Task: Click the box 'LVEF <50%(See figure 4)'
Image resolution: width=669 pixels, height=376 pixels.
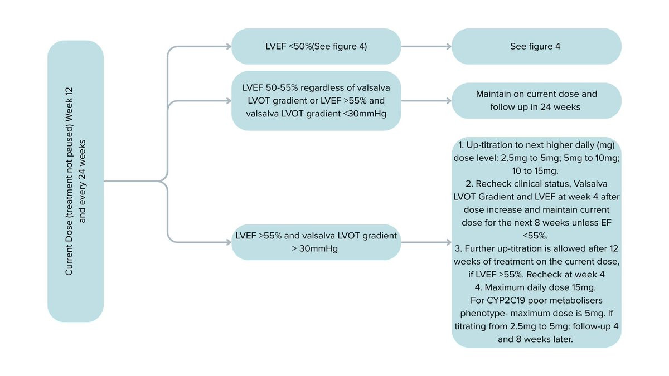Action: (316, 46)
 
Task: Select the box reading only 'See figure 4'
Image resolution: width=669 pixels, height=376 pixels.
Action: (536, 46)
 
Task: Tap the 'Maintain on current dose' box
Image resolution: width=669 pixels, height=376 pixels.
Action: (536, 101)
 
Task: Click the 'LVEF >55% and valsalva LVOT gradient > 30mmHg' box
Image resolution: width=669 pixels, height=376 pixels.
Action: (316, 242)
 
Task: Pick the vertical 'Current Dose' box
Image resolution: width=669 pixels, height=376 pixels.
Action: (76, 181)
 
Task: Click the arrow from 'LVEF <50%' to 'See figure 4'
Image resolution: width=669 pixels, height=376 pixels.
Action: (426, 46)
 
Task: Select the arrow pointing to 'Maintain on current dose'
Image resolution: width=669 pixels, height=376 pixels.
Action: (426, 101)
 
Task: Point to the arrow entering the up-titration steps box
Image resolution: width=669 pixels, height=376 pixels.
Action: (426, 242)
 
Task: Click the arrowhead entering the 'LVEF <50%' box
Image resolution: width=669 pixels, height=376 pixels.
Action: (229, 46)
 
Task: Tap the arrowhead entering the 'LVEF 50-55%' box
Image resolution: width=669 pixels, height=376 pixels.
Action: (229, 101)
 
